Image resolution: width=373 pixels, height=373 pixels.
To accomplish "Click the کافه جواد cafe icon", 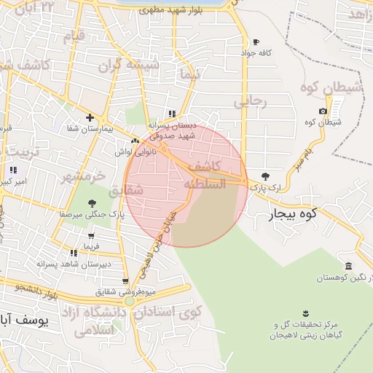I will (255, 42).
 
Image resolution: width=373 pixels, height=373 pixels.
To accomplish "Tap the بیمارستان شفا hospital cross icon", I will (90, 117).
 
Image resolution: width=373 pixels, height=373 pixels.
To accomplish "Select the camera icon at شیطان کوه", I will (323, 111).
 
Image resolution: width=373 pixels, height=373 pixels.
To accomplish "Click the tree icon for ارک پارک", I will (264, 176).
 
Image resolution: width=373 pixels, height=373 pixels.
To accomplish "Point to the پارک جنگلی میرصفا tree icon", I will (92, 203).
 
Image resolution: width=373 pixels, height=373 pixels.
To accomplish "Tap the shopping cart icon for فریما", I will (91, 236).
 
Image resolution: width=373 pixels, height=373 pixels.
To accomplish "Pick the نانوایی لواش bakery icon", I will (135, 141).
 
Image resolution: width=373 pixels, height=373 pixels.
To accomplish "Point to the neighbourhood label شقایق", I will (127, 191).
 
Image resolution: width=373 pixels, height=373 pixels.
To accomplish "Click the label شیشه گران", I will (133, 64).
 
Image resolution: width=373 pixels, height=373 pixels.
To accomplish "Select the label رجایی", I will (250, 101).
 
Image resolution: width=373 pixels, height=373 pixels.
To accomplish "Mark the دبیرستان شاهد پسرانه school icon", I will (74, 253).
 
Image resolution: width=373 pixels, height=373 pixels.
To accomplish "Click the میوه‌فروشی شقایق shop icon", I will (125, 281).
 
